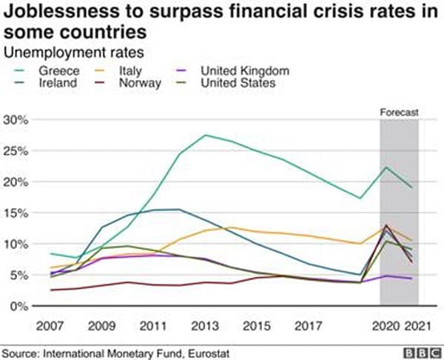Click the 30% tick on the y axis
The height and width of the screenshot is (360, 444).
[16, 120]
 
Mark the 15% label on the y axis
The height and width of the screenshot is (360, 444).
[16, 213]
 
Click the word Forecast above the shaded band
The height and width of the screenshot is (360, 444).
[400, 113]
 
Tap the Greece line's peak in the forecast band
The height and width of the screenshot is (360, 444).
[386, 167]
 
